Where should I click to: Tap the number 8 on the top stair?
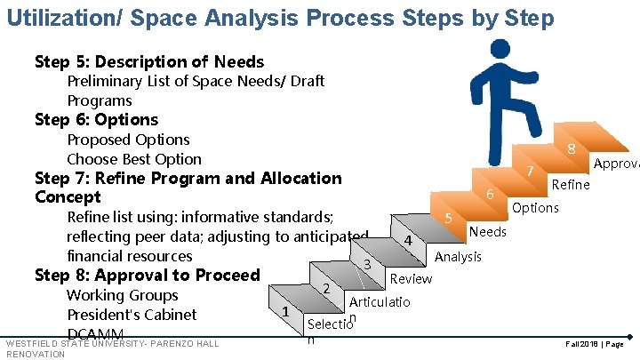(572, 151)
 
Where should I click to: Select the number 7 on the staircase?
(530, 171)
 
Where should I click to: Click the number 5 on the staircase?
(449, 219)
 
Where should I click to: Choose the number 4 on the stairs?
(406, 242)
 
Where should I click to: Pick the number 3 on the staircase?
(366, 264)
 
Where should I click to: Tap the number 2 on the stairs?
(327, 288)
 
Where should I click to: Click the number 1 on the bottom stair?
(284, 312)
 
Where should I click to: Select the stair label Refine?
(571, 185)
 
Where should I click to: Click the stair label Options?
(535, 208)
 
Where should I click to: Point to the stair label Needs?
(488, 232)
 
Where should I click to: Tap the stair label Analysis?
(459, 257)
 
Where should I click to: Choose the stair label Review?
(411, 279)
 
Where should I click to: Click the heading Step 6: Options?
(96, 120)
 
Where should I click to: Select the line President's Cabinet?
(132, 315)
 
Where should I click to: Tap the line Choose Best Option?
(134, 159)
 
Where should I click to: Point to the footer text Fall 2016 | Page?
(586, 342)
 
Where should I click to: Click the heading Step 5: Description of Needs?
(149, 61)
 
